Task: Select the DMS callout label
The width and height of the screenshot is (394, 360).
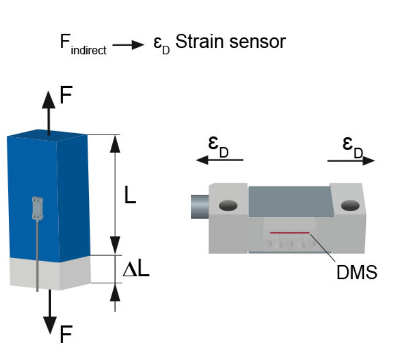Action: click(356, 272)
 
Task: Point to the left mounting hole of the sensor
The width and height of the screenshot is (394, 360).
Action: click(228, 205)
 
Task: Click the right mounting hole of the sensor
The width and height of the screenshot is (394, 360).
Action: click(350, 205)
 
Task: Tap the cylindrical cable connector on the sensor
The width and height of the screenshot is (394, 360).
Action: click(199, 207)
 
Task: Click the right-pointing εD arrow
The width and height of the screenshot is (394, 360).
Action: click(351, 160)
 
